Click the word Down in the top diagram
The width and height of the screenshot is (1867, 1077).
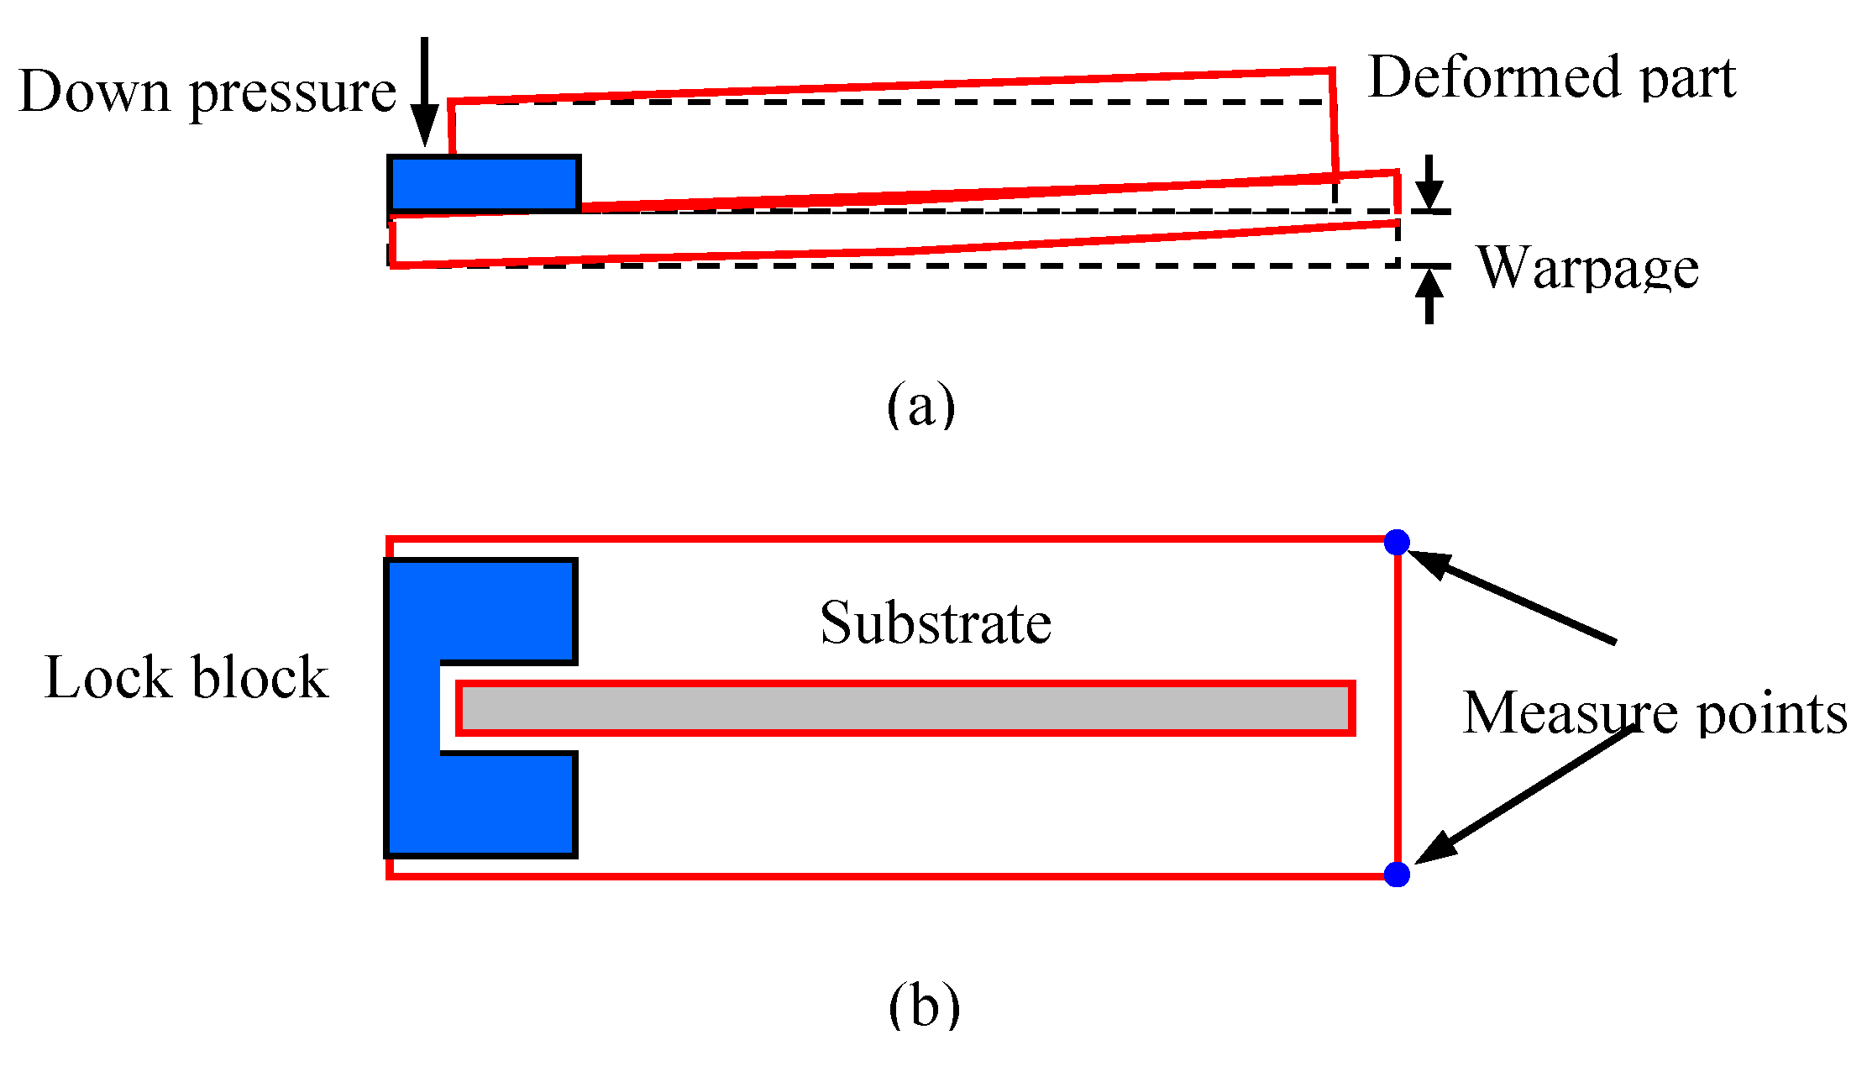coord(95,91)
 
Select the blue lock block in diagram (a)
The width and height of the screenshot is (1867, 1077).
coord(484,183)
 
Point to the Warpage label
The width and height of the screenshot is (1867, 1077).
coord(1587,269)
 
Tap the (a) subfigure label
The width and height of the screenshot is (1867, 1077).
coord(920,404)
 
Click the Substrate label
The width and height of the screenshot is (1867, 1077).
coord(936,623)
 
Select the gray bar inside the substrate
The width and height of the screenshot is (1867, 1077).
coord(905,708)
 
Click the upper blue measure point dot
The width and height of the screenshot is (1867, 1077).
coord(1396,542)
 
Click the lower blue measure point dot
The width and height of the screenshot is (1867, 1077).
coord(1396,875)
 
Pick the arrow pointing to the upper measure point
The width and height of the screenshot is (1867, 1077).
coord(1512,597)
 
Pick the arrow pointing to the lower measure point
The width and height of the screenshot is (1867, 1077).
coord(1524,795)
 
